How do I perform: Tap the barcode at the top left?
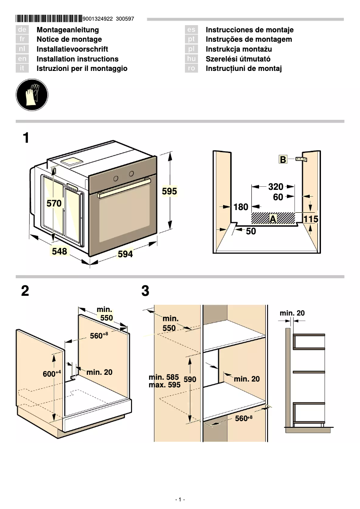coord(49,19)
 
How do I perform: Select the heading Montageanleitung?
coord(67,30)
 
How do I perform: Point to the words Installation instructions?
coord(77,59)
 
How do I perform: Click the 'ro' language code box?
coord(192,69)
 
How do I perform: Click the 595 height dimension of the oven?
coord(169,191)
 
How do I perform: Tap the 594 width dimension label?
coord(125,254)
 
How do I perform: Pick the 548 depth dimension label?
coord(59,251)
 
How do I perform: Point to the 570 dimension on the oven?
coord(54,203)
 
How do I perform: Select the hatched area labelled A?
coord(273,219)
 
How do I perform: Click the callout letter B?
coord(283,159)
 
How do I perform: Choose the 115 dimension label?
coord(311,219)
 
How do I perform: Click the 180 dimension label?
coord(241,207)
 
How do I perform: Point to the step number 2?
coord(25,291)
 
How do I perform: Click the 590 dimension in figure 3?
coord(190,379)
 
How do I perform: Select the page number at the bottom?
coord(180,500)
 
